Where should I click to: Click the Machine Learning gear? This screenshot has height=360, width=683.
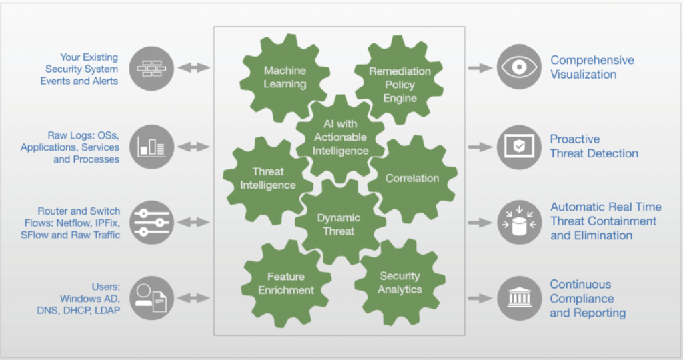point(285,77)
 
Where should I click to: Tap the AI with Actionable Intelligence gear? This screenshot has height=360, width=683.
point(340,137)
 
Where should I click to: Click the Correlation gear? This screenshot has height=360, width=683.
point(412,178)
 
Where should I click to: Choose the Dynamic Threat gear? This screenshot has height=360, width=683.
point(339,225)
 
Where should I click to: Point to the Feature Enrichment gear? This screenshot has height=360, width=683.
point(286,283)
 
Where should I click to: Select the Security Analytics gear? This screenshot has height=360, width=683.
point(400,283)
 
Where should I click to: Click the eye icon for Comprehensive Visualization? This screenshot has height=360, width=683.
point(519,67)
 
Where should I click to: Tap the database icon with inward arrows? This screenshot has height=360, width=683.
point(519,221)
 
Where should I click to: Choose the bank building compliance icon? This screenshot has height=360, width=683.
point(519,298)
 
